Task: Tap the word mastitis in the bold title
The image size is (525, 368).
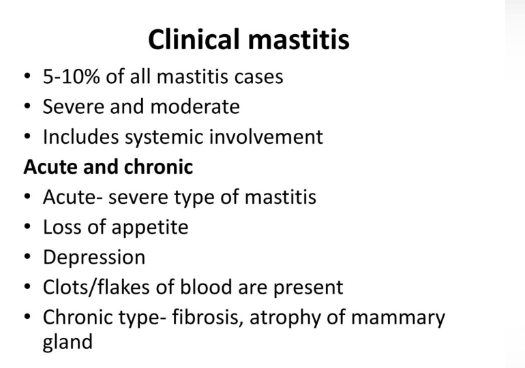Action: pos(299,39)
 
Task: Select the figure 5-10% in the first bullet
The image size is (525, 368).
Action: pos(72,76)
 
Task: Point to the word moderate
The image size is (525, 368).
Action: pos(195,107)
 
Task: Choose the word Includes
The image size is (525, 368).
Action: pos(80,137)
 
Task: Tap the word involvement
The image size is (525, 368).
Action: pos(266,137)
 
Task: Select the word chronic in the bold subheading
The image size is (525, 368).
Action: pos(158,166)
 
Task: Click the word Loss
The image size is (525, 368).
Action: pos(62,227)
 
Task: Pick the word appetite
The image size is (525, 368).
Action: pos(150,228)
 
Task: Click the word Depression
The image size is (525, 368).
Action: pos(94,258)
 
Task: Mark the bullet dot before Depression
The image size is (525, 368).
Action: pos(27,257)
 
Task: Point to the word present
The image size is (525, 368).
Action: pos(308,288)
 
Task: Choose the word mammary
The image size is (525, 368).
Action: pos(398,319)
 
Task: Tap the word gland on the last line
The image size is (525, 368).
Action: pos(67,342)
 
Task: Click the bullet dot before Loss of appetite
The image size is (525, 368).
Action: pos(27,226)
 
